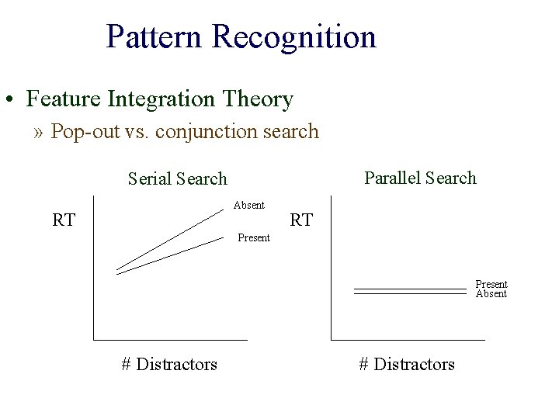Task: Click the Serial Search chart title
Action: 177,178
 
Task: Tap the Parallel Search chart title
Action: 420,178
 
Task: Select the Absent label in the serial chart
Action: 249,205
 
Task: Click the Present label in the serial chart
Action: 254,237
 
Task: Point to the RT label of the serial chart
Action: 64,220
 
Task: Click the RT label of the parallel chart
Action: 301,220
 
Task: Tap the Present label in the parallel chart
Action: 491,284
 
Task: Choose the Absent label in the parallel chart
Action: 491,293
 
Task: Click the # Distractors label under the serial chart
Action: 169,364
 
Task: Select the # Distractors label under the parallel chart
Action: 407,364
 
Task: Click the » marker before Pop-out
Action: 39,132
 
